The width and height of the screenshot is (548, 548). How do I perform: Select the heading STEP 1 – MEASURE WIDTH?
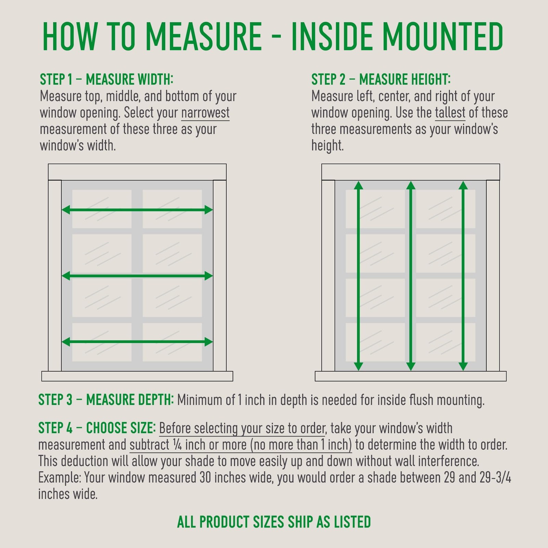[x=107, y=79]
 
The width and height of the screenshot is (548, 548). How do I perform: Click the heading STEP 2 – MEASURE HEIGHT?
[x=381, y=79]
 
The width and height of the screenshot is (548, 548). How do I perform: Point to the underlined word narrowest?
[x=206, y=113]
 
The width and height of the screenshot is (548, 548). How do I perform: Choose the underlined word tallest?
[x=450, y=113]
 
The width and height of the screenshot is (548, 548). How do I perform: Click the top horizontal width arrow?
[x=137, y=210]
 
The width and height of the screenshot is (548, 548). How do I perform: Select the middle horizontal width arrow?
[x=137, y=276]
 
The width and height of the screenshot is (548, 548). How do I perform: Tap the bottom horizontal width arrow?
[x=137, y=341]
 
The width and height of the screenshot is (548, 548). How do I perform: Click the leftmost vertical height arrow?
[x=358, y=276]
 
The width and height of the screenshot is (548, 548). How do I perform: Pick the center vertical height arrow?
[x=411, y=276]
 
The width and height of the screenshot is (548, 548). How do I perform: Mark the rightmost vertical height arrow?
[x=463, y=276]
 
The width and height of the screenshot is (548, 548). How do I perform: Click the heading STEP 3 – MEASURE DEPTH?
[x=106, y=400]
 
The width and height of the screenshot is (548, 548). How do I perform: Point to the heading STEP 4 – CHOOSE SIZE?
[x=97, y=428]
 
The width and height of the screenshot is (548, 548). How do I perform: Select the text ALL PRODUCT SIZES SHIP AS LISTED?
[x=274, y=522]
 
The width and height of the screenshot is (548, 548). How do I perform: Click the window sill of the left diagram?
[x=137, y=376]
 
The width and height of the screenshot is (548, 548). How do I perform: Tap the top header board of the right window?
[x=411, y=172]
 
